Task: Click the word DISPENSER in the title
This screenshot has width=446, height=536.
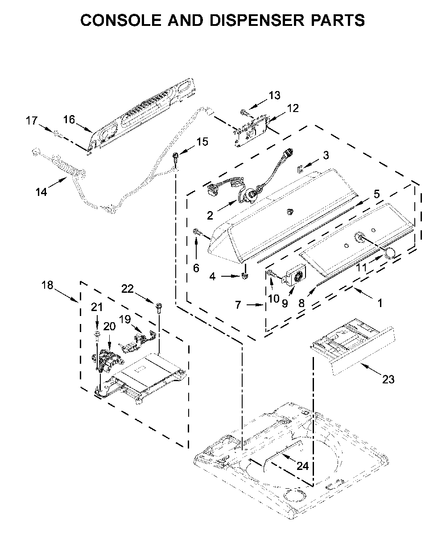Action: tap(256, 20)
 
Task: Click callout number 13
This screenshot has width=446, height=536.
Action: tap(274, 96)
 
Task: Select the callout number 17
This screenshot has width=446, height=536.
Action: tap(32, 120)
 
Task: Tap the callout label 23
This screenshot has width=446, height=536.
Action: tap(388, 379)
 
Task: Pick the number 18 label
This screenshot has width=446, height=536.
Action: tap(47, 285)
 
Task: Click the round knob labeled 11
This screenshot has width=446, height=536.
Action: tap(390, 252)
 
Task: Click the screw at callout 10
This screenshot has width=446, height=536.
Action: tap(272, 273)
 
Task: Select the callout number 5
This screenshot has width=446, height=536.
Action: tap(376, 194)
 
